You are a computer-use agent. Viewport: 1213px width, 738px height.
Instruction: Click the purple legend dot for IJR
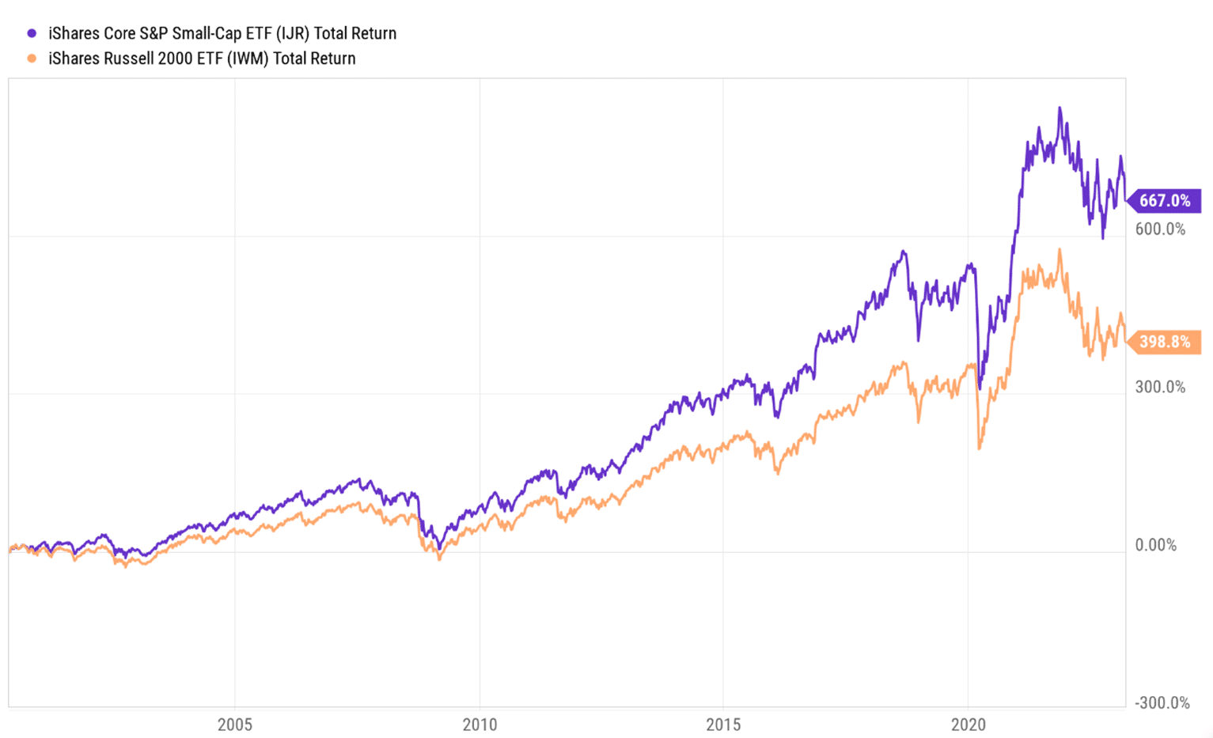[x=32, y=33]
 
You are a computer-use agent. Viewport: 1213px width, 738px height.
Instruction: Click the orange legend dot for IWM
[x=32, y=59]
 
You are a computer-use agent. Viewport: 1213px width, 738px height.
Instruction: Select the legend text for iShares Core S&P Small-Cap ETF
[x=222, y=33]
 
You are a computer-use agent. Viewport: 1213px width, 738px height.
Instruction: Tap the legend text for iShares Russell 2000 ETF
[x=201, y=59]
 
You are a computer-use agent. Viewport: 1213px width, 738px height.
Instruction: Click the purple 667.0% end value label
[x=1164, y=201]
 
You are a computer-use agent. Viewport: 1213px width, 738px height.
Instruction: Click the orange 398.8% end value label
[x=1164, y=342]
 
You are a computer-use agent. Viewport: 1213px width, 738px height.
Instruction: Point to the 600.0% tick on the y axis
[x=1160, y=229]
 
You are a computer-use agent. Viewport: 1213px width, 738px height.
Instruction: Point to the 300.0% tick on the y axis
[x=1160, y=387]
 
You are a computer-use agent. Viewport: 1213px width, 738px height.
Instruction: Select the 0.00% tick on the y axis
[x=1155, y=545]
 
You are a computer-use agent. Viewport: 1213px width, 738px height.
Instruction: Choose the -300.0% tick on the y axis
[x=1162, y=703]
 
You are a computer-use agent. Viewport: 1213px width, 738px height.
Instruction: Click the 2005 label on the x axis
[x=235, y=725]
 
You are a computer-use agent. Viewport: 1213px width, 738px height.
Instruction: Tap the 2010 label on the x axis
[x=480, y=725]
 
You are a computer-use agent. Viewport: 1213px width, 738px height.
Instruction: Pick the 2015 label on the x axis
[x=723, y=725]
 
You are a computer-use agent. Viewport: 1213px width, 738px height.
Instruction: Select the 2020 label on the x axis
[x=968, y=725]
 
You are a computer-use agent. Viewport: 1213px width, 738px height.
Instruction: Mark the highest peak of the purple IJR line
[x=1060, y=108]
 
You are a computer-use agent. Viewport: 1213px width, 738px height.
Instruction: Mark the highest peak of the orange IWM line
[x=1060, y=250]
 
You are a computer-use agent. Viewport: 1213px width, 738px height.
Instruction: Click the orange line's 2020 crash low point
[x=980, y=448]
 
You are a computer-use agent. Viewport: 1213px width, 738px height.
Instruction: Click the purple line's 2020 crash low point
[x=980, y=388]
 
